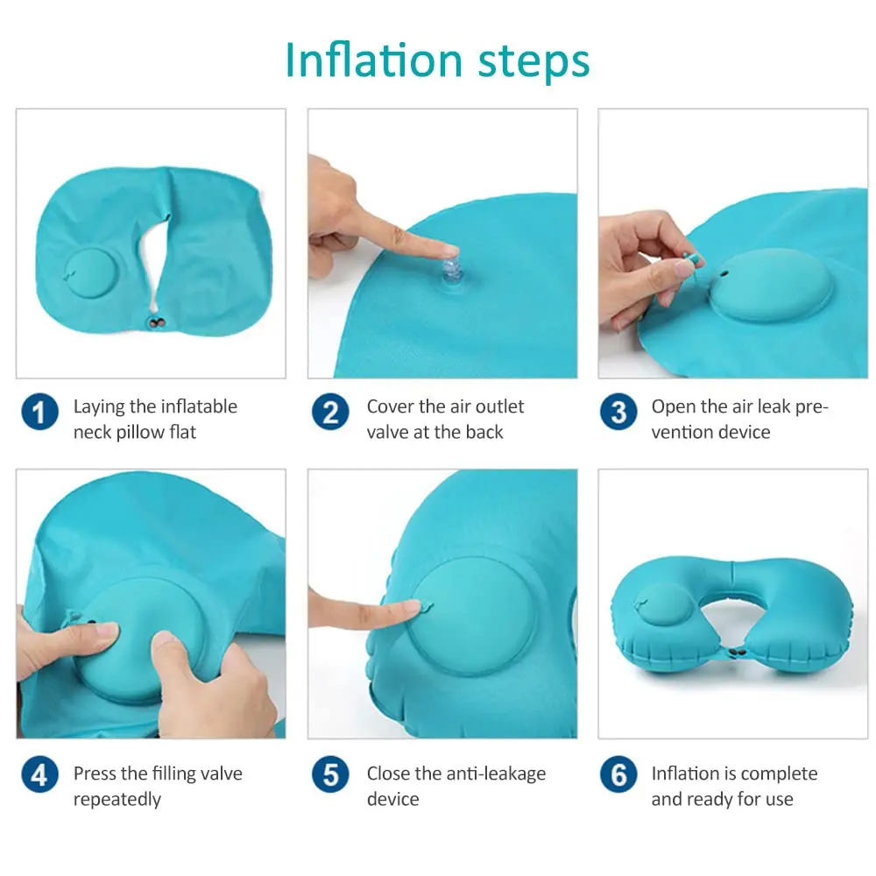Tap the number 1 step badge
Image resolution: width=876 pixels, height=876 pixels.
(40, 412)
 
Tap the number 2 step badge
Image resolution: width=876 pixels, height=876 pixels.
(330, 412)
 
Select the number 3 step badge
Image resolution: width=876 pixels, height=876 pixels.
(618, 412)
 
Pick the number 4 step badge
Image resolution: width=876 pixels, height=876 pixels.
(40, 775)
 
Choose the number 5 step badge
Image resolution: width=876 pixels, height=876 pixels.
(330, 775)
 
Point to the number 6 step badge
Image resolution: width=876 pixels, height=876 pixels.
(618, 775)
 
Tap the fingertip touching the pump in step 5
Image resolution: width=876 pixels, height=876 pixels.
(410, 606)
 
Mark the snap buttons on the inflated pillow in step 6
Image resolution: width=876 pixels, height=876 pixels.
(739, 653)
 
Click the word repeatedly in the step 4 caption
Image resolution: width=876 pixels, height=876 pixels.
(117, 799)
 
